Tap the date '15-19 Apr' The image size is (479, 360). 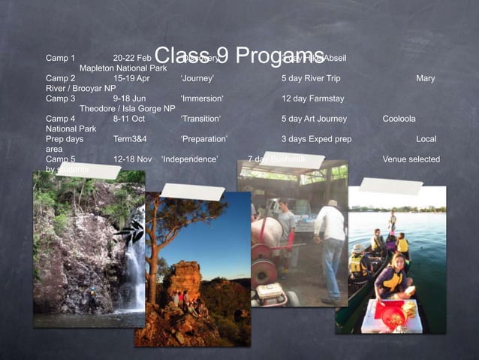[131, 78]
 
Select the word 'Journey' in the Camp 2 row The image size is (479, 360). [197, 78]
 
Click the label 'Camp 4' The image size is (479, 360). [61, 119]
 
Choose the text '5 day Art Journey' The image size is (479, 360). [314, 119]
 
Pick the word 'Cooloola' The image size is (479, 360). [399, 119]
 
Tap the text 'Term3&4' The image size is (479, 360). [130, 139]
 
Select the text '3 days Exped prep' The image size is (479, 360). [316, 139]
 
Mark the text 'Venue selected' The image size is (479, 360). [411, 159]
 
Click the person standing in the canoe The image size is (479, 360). [392, 223]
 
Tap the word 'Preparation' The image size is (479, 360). [204, 139]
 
